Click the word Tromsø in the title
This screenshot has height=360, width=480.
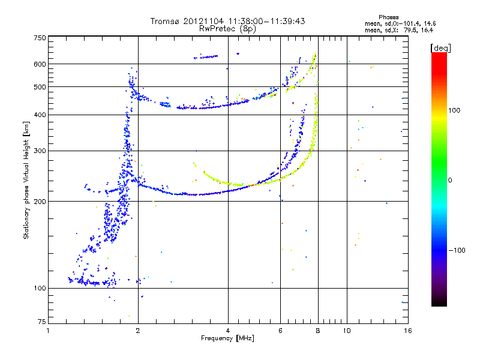pyautogui.click(x=165, y=21)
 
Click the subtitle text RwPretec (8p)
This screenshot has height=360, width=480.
pyautogui.click(x=227, y=29)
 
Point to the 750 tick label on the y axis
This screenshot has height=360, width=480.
pyautogui.click(x=40, y=38)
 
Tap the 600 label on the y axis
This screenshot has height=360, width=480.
pyautogui.click(x=40, y=64)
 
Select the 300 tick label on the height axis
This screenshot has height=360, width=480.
pyautogui.click(x=40, y=151)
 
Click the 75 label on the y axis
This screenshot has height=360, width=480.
pyautogui.click(x=42, y=322)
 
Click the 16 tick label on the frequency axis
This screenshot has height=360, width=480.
pyautogui.click(x=408, y=331)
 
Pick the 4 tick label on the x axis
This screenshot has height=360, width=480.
pyautogui.click(x=228, y=331)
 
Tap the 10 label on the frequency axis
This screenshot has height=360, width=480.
pyautogui.click(x=347, y=331)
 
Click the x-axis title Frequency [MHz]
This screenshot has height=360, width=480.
pyautogui.click(x=227, y=338)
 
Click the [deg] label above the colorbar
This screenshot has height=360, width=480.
pyautogui.click(x=440, y=48)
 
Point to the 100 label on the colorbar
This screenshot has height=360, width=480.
pyautogui.click(x=454, y=110)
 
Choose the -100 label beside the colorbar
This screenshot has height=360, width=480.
pyautogui.click(x=457, y=250)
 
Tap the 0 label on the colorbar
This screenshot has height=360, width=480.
pyautogui.click(x=450, y=181)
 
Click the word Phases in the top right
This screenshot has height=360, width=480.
pyautogui.click(x=388, y=17)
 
